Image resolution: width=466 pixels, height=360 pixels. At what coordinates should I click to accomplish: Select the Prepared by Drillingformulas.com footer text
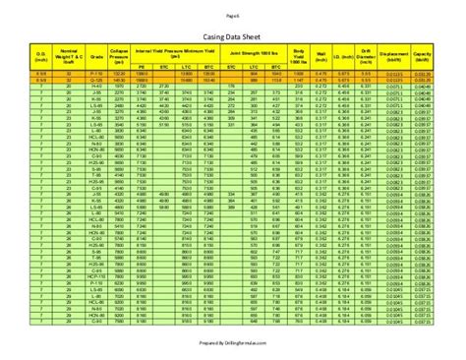[233, 343]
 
